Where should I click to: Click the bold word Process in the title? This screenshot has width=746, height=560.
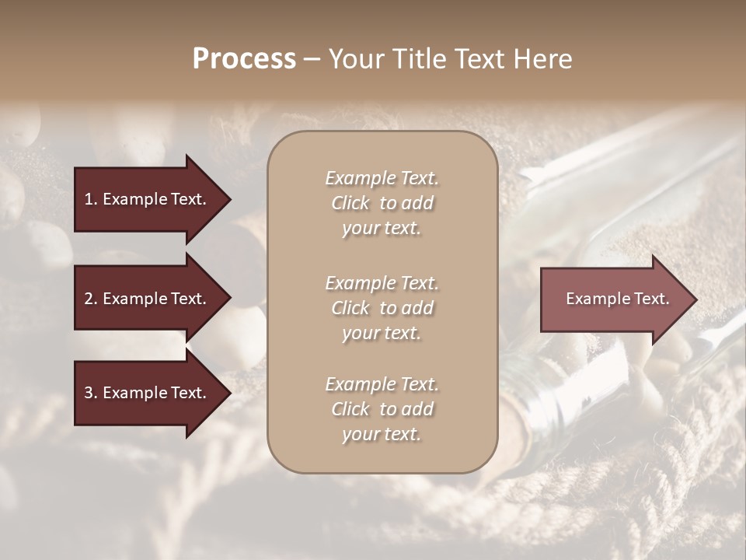pos(244,59)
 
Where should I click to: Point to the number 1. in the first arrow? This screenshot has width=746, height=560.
pos(91,199)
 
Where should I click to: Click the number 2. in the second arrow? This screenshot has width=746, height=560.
pos(91,299)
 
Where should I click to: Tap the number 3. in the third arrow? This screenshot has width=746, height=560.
pos(91,393)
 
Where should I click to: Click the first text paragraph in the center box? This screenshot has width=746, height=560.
pos(382,203)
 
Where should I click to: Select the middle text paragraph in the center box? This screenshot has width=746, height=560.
pos(382,308)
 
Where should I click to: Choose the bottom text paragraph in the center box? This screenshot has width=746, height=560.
pos(382,409)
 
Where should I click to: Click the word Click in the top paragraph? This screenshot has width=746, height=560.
pos(350,203)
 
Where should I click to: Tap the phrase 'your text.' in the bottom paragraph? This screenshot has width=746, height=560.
pos(382,434)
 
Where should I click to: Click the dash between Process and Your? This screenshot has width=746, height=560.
pos(312,59)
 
